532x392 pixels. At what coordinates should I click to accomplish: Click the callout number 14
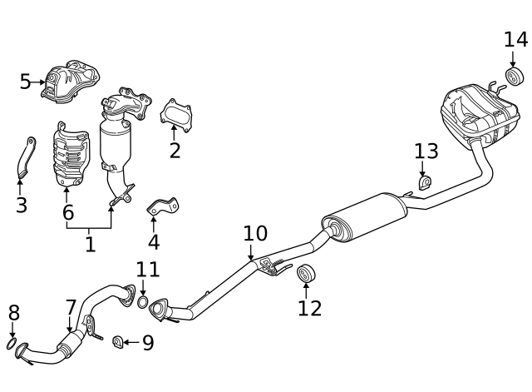click(515, 40)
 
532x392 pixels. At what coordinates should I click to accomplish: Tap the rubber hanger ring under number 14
click(515, 77)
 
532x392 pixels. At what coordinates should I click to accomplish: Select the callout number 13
click(426, 151)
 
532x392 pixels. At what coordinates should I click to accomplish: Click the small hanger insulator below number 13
click(425, 183)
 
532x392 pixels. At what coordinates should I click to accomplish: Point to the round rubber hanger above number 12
click(307, 273)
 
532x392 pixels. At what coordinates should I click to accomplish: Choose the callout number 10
click(255, 233)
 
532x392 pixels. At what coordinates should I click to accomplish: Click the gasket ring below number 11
click(143, 302)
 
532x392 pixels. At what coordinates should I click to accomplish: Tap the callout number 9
click(148, 342)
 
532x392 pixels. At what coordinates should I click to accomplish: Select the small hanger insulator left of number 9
click(118, 342)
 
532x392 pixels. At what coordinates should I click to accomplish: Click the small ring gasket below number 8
click(12, 344)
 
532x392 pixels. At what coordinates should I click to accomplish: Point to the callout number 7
click(71, 308)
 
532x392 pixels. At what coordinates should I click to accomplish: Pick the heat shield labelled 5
click(71, 82)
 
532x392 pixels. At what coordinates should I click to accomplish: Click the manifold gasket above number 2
click(176, 116)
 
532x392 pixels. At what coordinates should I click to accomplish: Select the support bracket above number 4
click(163, 206)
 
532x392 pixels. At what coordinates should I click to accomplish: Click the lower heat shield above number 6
click(71, 155)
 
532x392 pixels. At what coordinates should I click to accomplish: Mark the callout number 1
click(90, 244)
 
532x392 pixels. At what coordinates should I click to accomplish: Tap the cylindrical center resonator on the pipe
click(364, 218)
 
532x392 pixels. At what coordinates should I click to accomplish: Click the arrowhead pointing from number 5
click(42, 82)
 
